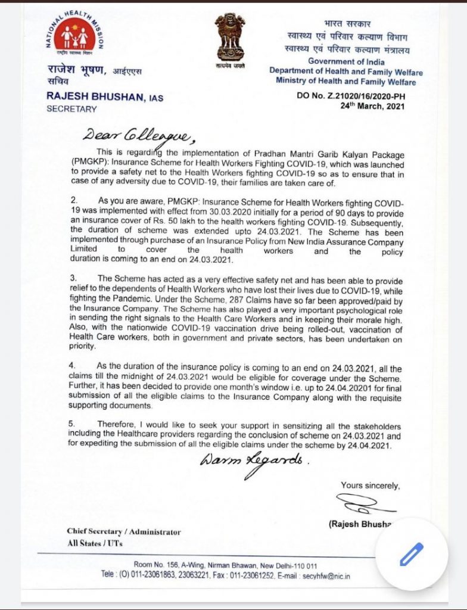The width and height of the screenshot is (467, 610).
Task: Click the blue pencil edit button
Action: click(410, 554)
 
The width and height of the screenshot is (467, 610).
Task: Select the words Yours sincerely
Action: click(370, 485)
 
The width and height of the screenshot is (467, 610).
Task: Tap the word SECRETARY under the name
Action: click(71, 109)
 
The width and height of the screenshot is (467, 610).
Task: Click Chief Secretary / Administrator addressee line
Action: click(124, 531)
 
